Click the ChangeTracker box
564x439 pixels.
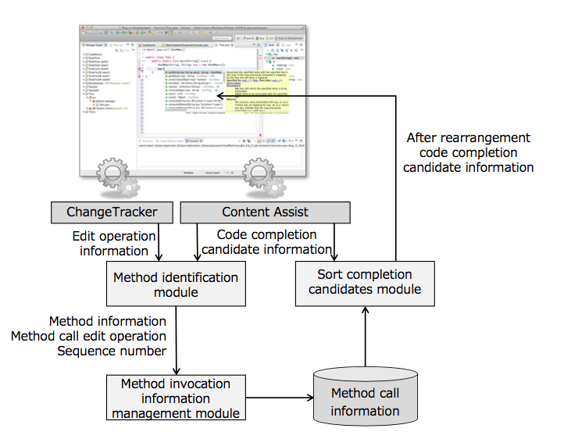(x=112, y=212)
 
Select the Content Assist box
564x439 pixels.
(x=265, y=212)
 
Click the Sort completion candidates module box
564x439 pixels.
(x=364, y=282)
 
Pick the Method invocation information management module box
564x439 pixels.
(x=176, y=398)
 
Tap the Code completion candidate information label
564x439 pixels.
(x=266, y=242)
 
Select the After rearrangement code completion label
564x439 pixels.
(x=469, y=152)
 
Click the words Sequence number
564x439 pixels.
(x=112, y=351)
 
